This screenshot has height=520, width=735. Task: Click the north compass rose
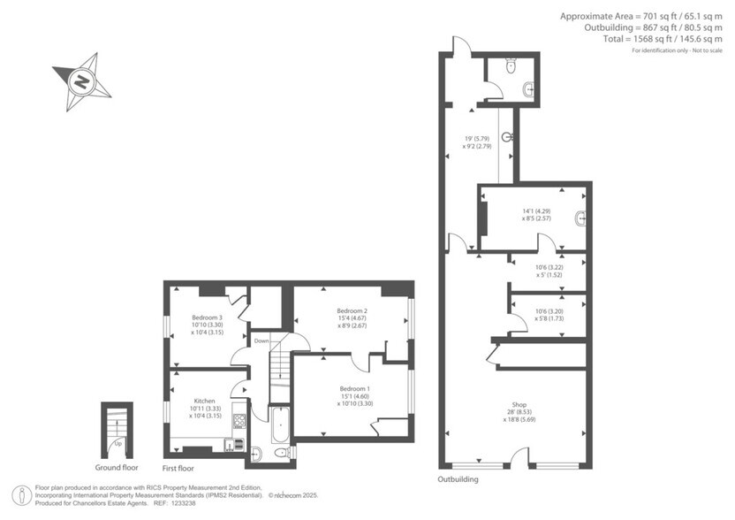click(x=81, y=81)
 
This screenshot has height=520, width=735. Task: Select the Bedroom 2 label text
click(x=352, y=310)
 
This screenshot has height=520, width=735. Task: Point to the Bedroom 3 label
click(x=208, y=317)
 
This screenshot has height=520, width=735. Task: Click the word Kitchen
click(x=205, y=401)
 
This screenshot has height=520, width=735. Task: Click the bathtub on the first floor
click(x=279, y=426)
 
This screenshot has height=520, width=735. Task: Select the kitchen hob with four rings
click(x=238, y=422)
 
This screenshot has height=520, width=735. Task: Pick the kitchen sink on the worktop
click(x=237, y=444)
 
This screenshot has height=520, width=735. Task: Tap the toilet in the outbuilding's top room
click(x=511, y=65)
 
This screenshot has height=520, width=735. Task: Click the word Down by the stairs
click(x=261, y=340)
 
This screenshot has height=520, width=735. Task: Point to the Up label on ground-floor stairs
click(x=117, y=444)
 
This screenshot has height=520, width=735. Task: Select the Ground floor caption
click(x=117, y=467)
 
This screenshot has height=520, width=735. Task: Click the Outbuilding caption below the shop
click(x=458, y=479)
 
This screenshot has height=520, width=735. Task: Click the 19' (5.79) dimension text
click(x=477, y=139)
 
